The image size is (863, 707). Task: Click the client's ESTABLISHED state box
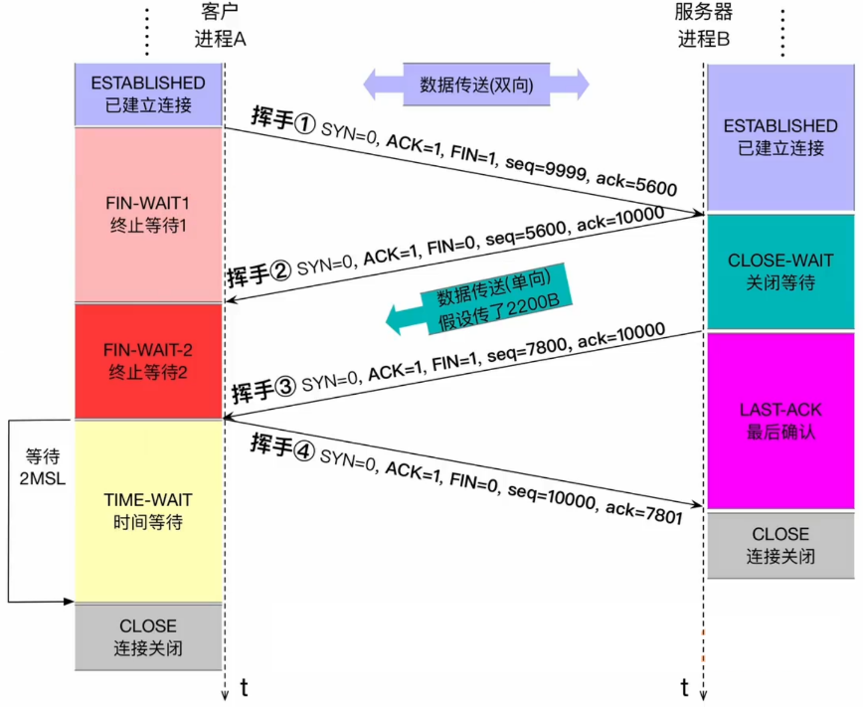[148, 93]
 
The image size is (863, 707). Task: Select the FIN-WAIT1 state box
[148, 214]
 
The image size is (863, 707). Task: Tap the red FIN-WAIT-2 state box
[148, 361]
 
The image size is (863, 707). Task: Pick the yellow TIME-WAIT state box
[148, 511]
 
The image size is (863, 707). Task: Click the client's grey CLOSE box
[148, 637]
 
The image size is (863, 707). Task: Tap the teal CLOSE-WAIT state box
[780, 271]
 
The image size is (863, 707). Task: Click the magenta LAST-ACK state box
[780, 421]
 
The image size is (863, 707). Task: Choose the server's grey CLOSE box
[780, 545]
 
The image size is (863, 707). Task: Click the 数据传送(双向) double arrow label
[476, 85]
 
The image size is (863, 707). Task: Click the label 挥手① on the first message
[283, 122]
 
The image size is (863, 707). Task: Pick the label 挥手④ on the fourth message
[283, 444]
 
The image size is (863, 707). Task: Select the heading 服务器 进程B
[704, 28]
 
